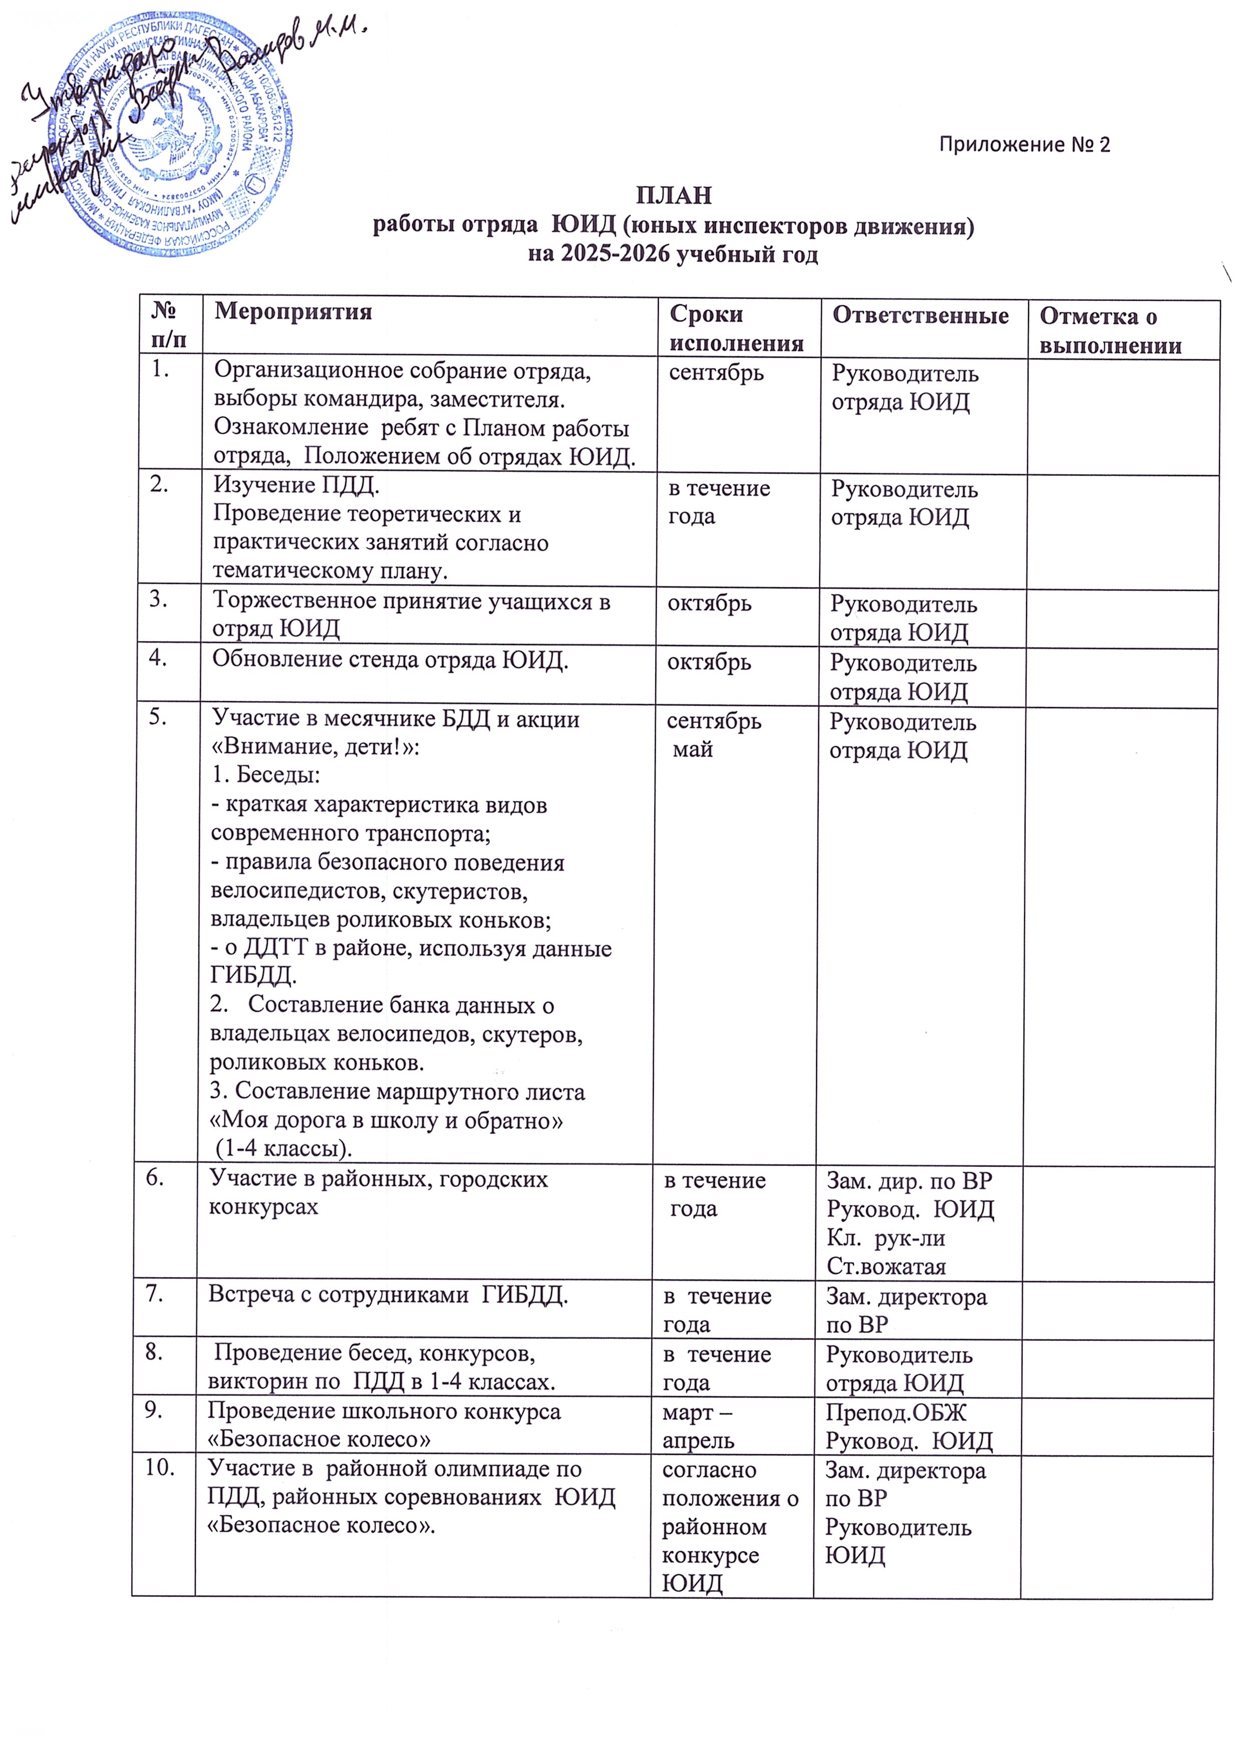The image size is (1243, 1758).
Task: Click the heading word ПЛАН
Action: pyautogui.click(x=673, y=196)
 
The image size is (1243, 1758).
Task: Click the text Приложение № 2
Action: pyautogui.click(x=1024, y=145)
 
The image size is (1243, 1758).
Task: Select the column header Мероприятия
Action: pyautogui.click(x=293, y=312)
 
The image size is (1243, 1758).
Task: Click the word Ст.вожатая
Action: pyautogui.click(x=886, y=1266)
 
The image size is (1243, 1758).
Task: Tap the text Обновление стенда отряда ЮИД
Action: pyautogui.click(x=390, y=660)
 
